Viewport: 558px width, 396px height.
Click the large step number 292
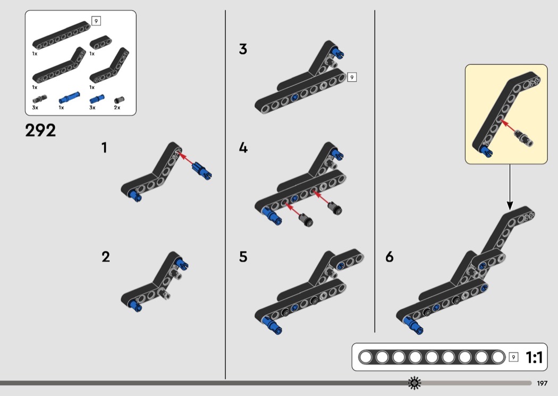[40, 130]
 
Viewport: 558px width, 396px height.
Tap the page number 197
[542, 383]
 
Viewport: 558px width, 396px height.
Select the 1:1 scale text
[534, 357]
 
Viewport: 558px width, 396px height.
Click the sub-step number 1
[105, 148]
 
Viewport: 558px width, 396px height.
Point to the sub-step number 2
[106, 257]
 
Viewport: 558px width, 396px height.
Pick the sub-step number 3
[243, 49]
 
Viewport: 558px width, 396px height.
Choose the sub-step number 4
[243, 148]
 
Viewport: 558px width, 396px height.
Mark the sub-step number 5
[243, 257]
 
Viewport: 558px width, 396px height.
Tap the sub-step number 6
[390, 257]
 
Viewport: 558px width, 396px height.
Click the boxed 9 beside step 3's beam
[351, 78]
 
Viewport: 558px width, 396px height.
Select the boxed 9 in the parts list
[96, 21]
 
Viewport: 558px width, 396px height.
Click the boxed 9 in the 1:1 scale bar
[513, 357]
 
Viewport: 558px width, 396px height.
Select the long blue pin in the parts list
[68, 98]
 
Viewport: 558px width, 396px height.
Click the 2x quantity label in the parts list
[117, 107]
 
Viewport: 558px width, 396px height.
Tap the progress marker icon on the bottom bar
[414, 383]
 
